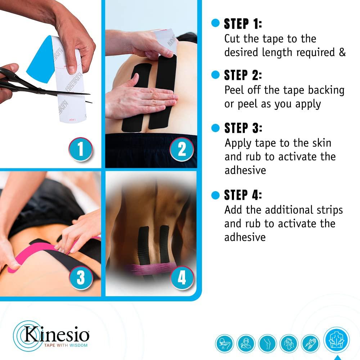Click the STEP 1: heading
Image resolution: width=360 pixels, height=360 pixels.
pos(243,24)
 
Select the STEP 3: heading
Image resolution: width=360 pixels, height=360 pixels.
pos(243,128)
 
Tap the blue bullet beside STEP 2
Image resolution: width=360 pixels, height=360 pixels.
pos(215,75)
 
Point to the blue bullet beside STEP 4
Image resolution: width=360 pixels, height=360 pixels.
pos(215,195)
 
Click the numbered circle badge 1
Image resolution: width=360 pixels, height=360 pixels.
pos(81,149)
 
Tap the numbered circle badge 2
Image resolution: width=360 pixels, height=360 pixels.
pos(181,149)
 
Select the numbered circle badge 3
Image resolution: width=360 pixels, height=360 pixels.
pos(81,278)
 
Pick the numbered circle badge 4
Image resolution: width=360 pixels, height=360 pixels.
pos(181,278)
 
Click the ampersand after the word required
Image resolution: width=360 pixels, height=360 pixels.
pos(342,52)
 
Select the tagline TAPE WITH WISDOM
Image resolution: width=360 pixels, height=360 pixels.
pos(66,345)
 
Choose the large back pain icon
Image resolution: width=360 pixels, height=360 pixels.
pos(336,340)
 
